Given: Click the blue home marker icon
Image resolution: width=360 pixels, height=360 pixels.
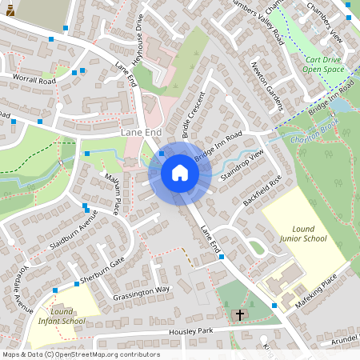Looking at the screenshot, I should point(180,173).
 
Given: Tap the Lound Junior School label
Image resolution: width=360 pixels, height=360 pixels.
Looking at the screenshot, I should point(303,233).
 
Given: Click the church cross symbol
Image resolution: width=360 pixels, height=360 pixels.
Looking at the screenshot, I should point(239,314).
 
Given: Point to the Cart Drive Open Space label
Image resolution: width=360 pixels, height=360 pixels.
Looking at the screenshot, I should point(323,65).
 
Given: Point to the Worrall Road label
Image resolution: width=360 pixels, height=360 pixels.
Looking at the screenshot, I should point(34,80).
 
